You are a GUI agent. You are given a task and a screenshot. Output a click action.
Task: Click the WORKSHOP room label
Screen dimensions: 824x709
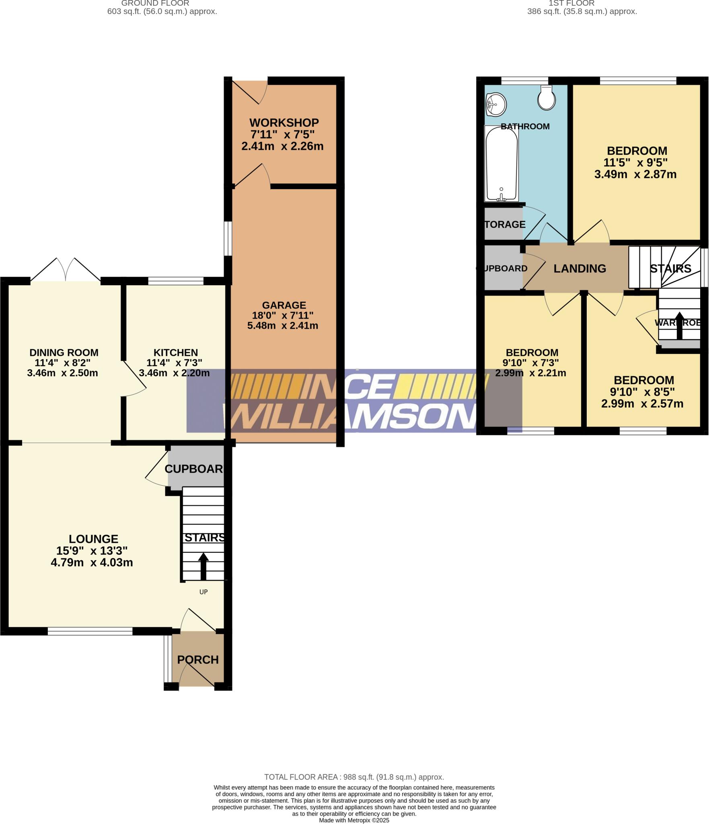284,123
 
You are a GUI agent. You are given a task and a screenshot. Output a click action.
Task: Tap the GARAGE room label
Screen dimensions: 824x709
284,305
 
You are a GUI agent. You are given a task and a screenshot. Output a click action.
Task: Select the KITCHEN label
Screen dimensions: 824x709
176,353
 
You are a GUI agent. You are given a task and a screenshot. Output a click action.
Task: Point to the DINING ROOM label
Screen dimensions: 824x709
64,353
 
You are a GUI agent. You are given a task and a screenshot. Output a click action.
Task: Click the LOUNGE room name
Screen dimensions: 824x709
93,539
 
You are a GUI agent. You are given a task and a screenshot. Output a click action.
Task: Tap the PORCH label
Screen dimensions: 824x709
198,660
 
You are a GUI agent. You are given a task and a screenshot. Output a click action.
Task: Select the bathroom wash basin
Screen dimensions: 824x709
495,104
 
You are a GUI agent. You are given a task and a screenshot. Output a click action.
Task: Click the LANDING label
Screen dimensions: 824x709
580,268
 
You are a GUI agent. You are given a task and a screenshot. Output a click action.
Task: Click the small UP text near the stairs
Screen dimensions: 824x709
203,592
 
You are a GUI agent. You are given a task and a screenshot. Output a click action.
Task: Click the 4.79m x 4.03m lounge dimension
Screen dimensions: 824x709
92,562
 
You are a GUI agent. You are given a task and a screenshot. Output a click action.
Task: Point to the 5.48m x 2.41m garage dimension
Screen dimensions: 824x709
283,325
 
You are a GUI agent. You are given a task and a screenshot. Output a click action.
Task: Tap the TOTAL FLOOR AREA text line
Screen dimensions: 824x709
354,777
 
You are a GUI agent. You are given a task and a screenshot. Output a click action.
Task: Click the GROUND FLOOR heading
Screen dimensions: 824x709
155,3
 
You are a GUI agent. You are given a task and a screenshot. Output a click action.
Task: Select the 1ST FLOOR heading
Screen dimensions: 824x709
571,3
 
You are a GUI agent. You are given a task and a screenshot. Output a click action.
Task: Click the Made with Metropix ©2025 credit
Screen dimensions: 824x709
354,820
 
